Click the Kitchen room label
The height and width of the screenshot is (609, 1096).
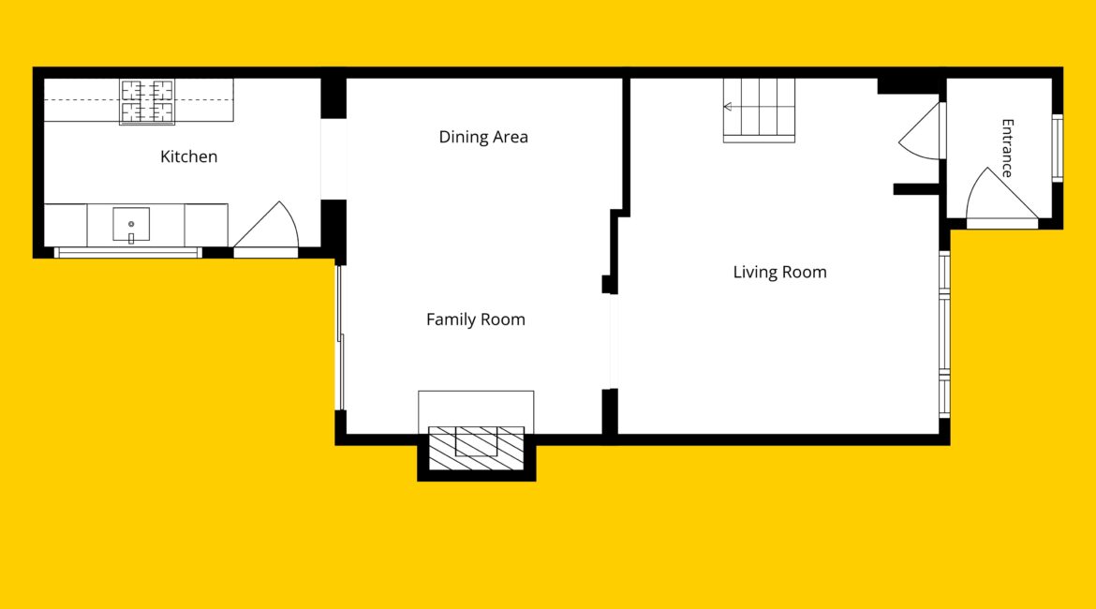[x=188, y=156]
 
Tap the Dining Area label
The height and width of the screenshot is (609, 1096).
[x=483, y=137]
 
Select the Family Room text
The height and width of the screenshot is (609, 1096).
[x=475, y=319]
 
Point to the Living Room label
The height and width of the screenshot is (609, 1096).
[x=779, y=272]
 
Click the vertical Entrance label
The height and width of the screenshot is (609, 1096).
[x=1007, y=148]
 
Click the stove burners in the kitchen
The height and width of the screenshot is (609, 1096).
[x=147, y=102]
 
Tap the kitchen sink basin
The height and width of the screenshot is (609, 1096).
[x=131, y=225]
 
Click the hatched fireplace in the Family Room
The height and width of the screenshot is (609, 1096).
[x=476, y=448]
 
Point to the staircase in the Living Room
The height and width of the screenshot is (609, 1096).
[x=759, y=111]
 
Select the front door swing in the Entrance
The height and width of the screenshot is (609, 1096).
[x=1001, y=197]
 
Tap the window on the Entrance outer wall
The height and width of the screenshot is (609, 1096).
[x=1058, y=148]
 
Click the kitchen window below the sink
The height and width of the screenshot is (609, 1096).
[x=128, y=252]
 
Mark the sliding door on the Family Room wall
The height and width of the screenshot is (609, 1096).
[x=340, y=337]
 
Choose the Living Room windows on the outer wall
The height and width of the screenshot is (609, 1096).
[x=944, y=334]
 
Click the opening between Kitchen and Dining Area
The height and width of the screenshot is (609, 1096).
[x=333, y=158]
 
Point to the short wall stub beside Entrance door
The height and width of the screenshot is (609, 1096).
[x=915, y=189]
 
